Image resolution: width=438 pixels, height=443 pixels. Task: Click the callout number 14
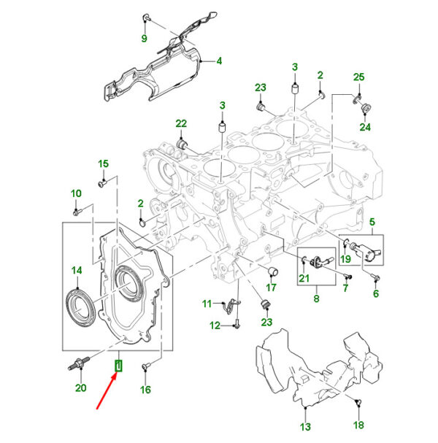(x=77, y=271)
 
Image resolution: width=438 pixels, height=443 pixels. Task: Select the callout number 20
(x=80, y=388)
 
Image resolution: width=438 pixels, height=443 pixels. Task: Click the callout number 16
(x=145, y=390)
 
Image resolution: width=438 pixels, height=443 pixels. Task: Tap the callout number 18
(x=358, y=425)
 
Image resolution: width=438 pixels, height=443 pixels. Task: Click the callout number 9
(x=144, y=38)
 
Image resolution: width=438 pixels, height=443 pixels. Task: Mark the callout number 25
(x=358, y=77)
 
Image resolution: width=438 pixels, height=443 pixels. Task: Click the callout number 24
(x=364, y=127)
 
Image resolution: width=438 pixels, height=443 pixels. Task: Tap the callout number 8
(x=316, y=298)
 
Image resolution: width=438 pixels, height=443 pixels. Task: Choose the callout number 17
(x=271, y=288)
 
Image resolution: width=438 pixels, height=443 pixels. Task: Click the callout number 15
(x=103, y=163)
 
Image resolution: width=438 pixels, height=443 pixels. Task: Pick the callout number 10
(x=76, y=193)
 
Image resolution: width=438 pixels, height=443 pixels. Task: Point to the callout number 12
(x=215, y=325)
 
